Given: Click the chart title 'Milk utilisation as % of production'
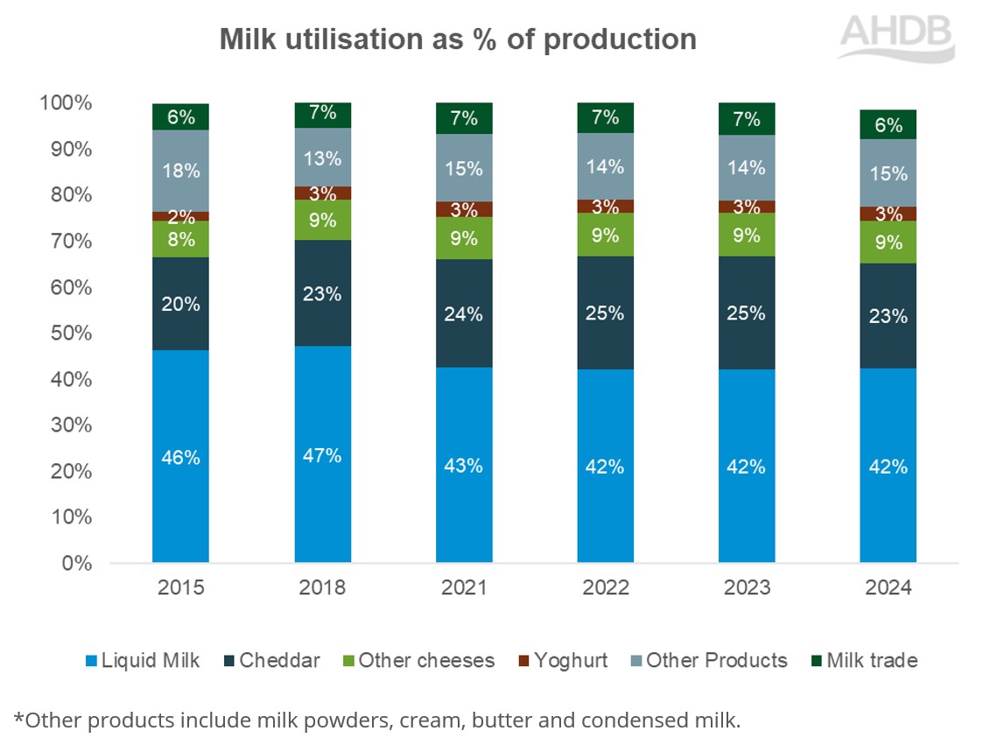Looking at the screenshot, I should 458,39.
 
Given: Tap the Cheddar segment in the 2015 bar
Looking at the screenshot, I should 180,304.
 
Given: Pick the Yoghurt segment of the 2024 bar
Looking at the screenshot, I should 888,214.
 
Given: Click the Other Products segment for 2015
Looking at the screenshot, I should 180,171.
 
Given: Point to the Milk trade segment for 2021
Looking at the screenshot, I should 464,118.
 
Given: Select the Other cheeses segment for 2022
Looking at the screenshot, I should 606,235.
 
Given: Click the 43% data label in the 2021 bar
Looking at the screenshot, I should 464,466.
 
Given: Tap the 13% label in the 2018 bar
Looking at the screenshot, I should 322,158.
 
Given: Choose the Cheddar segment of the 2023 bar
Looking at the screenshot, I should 747,313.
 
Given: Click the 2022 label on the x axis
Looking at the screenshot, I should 606,587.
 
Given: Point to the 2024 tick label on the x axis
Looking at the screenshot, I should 888,587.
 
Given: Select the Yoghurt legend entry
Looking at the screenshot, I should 561,660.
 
